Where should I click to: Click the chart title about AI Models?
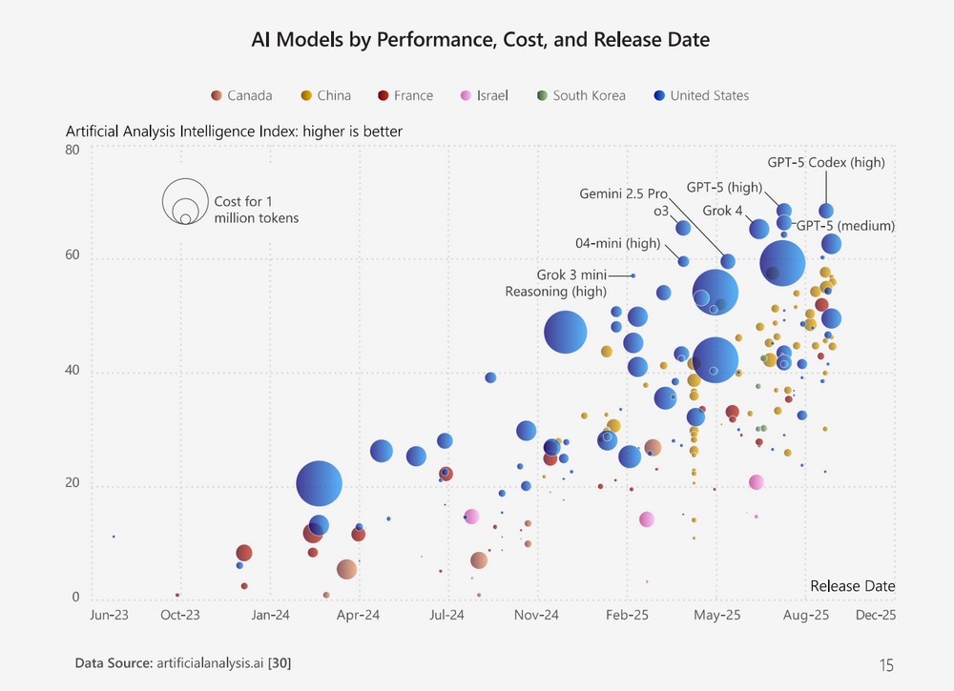coord(481,39)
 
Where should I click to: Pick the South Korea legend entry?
coord(580,95)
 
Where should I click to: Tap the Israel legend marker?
coord(467,95)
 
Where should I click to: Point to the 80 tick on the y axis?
coord(73,150)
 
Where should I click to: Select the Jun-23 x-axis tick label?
coord(109,615)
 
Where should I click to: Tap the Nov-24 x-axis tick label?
coord(537,615)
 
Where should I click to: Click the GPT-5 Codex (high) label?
coord(826,162)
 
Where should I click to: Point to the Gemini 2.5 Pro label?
coord(623,193)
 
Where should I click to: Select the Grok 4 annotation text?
coord(722,210)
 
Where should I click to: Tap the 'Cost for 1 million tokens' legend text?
coord(256,210)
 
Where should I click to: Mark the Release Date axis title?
coord(852,585)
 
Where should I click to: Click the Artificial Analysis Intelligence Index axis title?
coord(234,132)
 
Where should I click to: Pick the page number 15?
coord(886,665)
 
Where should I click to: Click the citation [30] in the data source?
coord(280,661)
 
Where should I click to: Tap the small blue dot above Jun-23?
coord(114,537)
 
